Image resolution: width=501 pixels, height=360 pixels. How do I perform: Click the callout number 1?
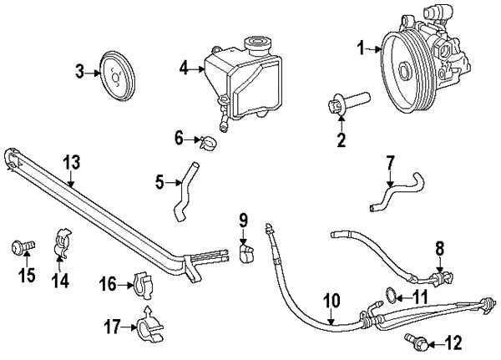[362, 49]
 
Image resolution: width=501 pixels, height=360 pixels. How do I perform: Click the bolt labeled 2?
[347, 108]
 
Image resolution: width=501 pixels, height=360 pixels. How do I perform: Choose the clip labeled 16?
[144, 286]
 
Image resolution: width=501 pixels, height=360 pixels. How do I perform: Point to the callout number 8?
[440, 247]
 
